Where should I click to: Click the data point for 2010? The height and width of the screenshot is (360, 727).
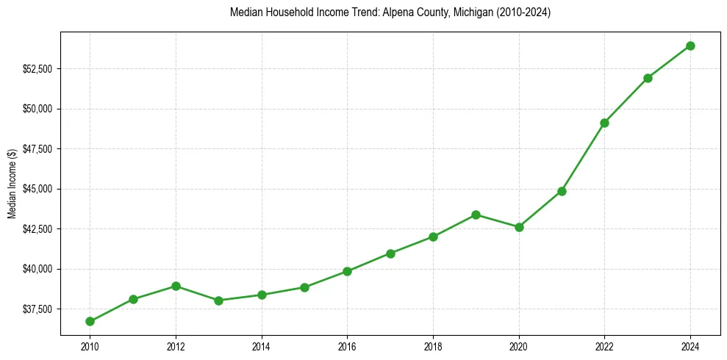90,321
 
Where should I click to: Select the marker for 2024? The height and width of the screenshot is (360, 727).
690,46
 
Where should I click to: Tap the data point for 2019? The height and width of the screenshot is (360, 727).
476,215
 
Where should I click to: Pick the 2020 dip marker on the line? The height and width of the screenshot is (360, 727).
519,227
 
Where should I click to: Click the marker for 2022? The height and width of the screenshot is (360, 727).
604,123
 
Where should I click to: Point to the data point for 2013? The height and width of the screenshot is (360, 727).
218,300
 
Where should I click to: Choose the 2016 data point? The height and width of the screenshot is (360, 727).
347,271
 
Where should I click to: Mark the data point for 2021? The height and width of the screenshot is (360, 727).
562,191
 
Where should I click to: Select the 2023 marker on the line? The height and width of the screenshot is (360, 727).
648,78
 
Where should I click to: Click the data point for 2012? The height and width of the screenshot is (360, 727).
176,286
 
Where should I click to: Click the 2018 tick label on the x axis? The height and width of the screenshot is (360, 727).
433,345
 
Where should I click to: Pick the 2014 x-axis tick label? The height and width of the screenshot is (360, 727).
261,345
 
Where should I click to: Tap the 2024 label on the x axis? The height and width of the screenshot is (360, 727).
690,345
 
